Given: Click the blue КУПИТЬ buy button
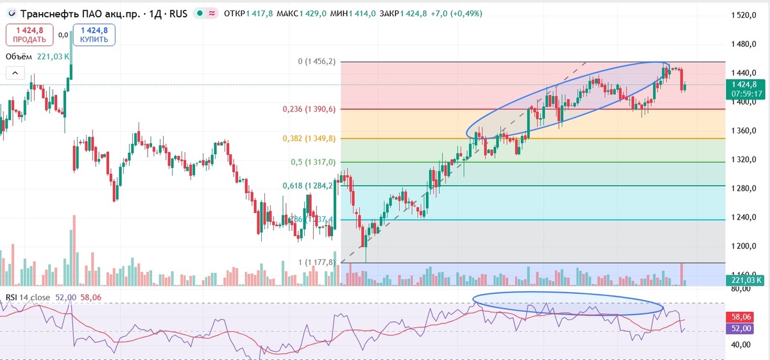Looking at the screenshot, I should point(94,35).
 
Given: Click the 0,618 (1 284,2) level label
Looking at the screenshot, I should point(309,186).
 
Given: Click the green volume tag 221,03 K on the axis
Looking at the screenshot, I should point(746,280).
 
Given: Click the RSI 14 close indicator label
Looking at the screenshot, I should point(29,296).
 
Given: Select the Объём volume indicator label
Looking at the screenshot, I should point(20,56).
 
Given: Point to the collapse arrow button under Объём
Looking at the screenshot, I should point(16,73).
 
